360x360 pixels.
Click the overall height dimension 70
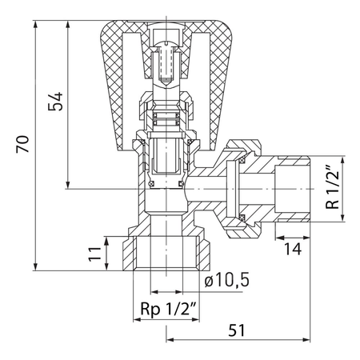22,144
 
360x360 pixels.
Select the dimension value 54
55,102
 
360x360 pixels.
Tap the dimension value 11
95,254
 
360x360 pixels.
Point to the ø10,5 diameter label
226,280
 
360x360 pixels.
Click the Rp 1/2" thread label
170,309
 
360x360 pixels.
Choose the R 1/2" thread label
332,188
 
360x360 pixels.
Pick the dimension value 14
293,249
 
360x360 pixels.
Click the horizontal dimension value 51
236,330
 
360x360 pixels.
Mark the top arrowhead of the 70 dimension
35,24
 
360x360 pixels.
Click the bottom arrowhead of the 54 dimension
68,186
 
